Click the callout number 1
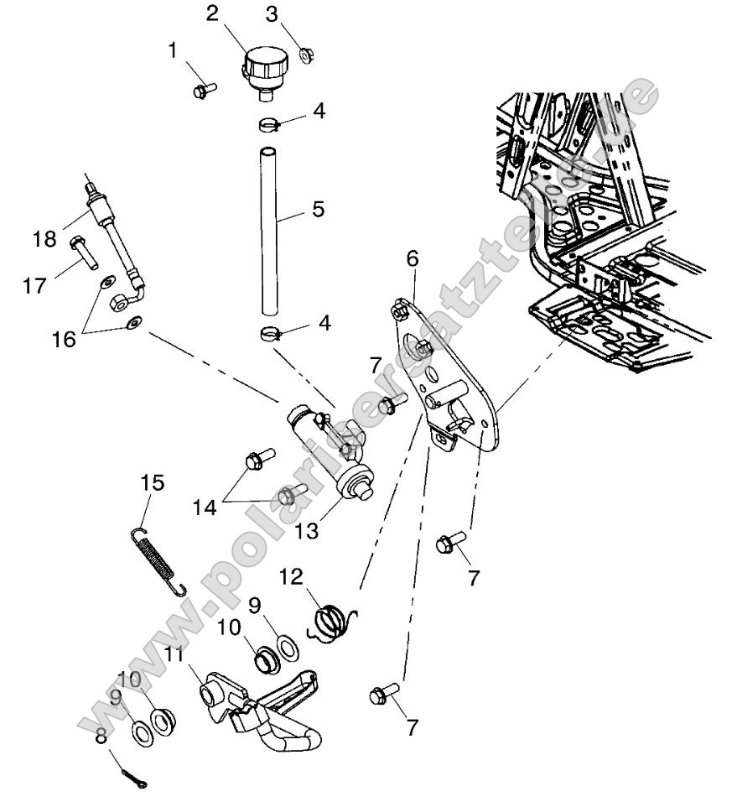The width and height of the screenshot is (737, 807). (173, 51)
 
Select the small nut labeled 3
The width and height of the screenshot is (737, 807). (306, 55)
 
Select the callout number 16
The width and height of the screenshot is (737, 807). (64, 339)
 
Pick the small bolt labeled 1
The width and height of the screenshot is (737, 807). (204, 89)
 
